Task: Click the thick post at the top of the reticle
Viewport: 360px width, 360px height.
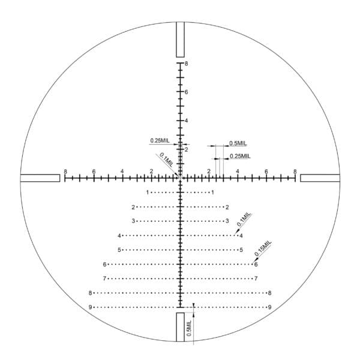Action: (x=180, y=40)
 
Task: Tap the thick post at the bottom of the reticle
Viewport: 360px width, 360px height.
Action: (x=180, y=327)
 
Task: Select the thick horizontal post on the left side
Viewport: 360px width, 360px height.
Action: (x=40, y=178)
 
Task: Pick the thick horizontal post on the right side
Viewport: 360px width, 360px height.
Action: (x=320, y=178)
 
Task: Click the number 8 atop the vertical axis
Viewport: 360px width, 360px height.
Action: (x=187, y=64)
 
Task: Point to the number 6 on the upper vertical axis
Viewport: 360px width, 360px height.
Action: (x=187, y=92)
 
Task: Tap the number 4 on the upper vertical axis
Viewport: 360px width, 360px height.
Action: (x=187, y=121)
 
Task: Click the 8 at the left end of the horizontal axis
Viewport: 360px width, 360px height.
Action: (x=65, y=172)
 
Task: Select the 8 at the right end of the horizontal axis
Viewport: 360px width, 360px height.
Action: (x=295, y=172)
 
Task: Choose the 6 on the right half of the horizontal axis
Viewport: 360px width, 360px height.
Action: (x=266, y=172)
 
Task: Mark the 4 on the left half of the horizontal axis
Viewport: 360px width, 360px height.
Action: (x=122, y=172)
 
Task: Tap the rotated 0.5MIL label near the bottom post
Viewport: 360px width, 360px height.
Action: (x=188, y=329)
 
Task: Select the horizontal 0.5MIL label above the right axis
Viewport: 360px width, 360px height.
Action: (x=238, y=143)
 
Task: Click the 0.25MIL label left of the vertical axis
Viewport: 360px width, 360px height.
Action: (x=160, y=140)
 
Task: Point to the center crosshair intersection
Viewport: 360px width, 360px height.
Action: (x=180, y=178)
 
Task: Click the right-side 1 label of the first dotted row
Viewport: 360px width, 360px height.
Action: (x=212, y=193)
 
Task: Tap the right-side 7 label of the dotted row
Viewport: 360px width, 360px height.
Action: (x=256, y=278)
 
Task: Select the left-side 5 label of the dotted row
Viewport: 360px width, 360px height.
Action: (x=119, y=250)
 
